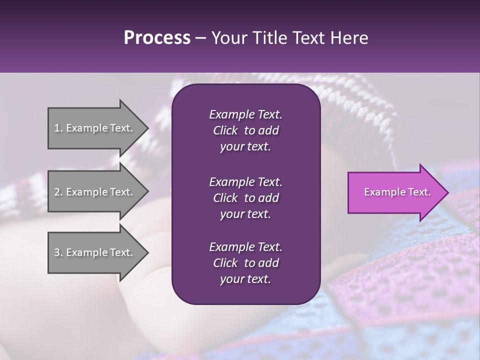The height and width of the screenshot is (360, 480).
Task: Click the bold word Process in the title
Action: tap(157, 37)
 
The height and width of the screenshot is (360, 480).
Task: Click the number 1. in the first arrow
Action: tap(58, 128)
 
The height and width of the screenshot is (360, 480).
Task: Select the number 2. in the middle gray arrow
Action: tap(58, 192)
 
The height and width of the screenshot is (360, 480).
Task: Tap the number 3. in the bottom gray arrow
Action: tap(58, 252)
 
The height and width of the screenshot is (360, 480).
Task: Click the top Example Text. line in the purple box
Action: tap(245, 114)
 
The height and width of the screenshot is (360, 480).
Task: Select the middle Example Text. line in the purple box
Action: tap(245, 181)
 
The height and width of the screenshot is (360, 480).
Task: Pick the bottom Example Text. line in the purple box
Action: tap(245, 247)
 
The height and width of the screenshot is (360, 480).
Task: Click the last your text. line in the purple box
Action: tap(245, 279)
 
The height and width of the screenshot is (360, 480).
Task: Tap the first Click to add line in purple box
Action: tap(245, 130)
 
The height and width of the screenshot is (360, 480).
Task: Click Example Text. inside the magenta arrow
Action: tap(397, 192)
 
